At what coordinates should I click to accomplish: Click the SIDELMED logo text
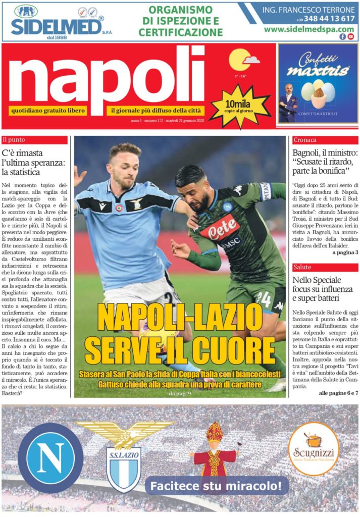[57, 27]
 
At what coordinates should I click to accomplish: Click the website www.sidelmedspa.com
[309, 29]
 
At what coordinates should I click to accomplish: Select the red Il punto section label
[35, 140]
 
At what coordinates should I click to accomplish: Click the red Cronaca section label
[325, 140]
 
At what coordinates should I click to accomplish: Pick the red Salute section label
[325, 267]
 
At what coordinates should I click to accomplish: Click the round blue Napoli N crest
[50, 458]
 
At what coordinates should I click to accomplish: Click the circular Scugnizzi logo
[314, 449]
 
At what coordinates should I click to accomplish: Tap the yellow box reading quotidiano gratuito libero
[47, 111]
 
